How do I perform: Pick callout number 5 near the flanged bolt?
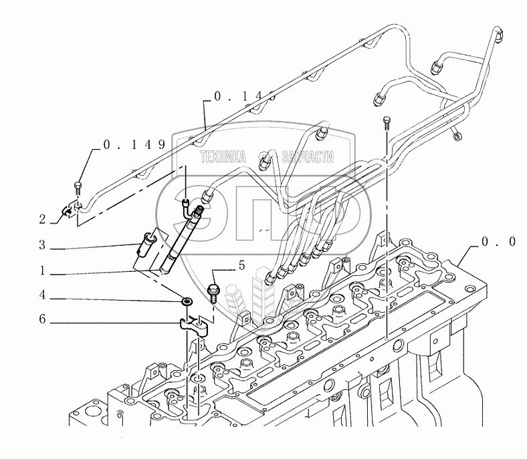coord(241,266)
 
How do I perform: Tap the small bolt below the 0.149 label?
coord(79,189)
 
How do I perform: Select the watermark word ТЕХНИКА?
coord(224,156)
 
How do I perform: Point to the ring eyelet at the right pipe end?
coord(457,137)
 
